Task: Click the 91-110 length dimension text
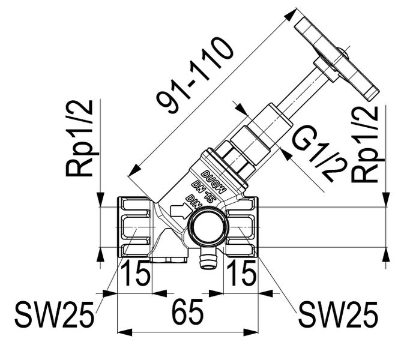tap(195, 76)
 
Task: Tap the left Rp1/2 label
tap(80, 138)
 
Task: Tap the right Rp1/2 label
tap(365, 144)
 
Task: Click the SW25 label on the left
tap(54, 314)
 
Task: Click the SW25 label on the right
tap(338, 314)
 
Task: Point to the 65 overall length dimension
tap(187, 312)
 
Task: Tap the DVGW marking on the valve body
tap(214, 181)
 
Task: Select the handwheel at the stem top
tap(337, 60)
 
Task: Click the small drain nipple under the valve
tap(208, 260)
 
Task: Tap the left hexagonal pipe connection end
tap(134, 227)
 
